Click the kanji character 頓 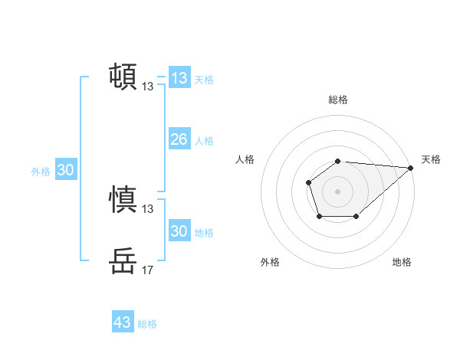(123, 76)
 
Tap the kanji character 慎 (123, 198)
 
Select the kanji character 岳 (123, 261)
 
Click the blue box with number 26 (179, 139)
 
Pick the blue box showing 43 (122, 322)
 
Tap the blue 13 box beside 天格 (179, 78)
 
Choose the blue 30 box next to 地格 (179, 231)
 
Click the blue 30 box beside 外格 (65, 170)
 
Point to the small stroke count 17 (147, 270)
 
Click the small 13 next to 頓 (147, 87)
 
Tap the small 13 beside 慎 (147, 208)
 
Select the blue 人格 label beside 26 (204, 141)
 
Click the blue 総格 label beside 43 (147, 324)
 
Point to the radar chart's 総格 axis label (338, 100)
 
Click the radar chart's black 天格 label (431, 159)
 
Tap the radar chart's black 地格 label (402, 262)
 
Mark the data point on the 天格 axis (410, 167)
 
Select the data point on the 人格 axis (308, 182)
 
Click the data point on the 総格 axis (338, 161)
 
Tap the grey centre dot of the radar (338, 191)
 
